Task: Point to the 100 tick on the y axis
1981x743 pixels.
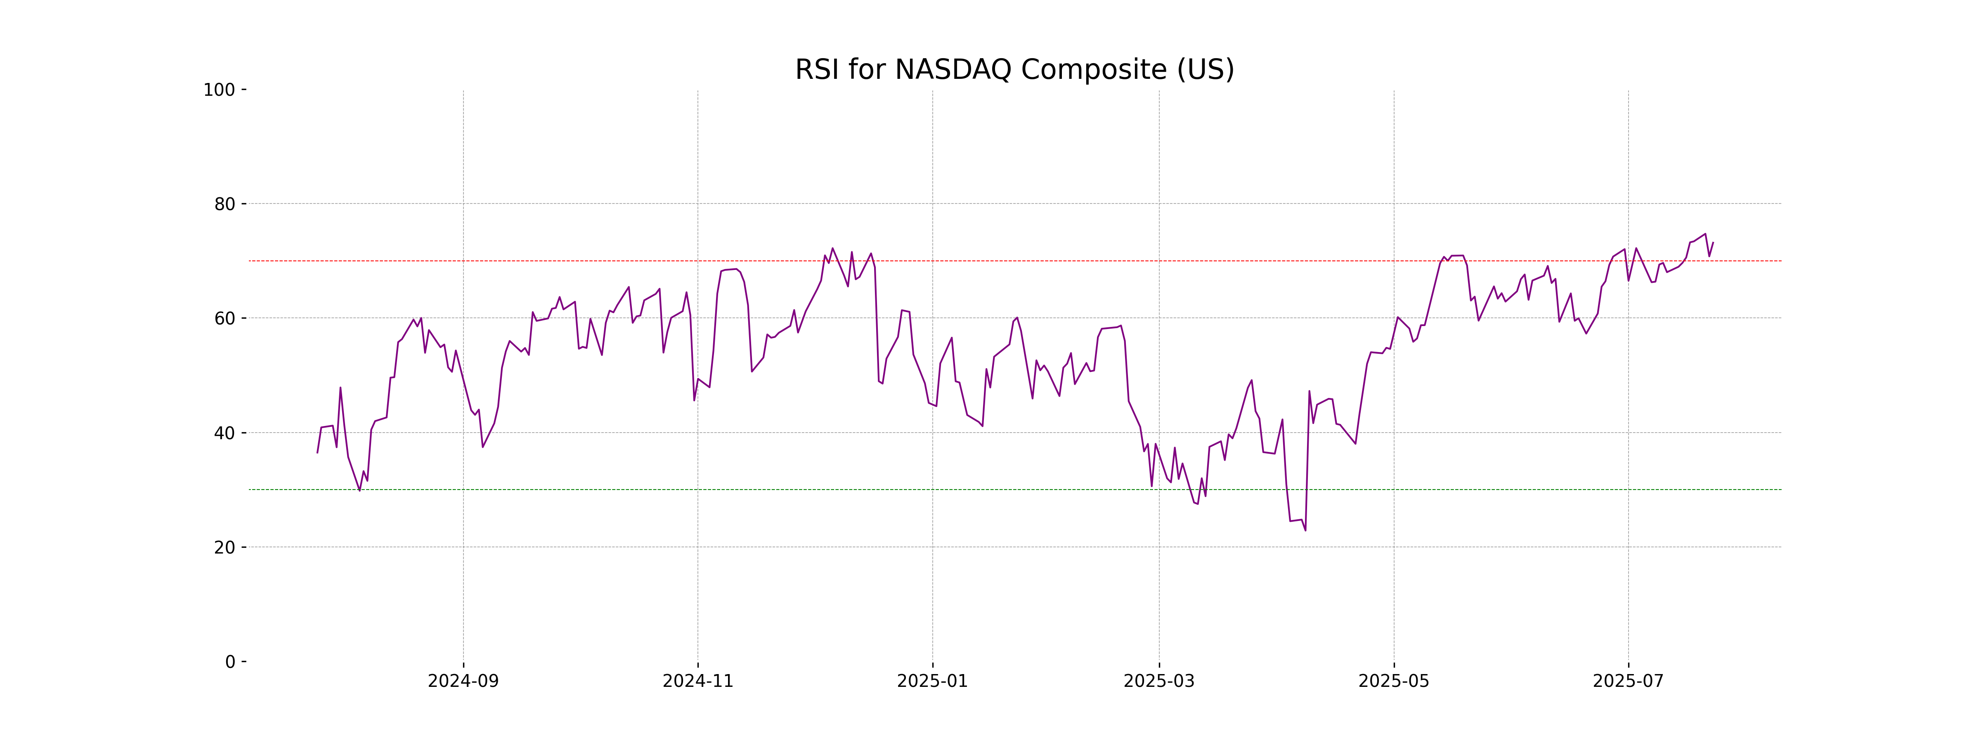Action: click(219, 90)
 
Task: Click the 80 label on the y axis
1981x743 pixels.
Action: click(225, 205)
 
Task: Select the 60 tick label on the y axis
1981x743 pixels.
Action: click(225, 318)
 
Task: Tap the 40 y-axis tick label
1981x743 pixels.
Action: click(225, 433)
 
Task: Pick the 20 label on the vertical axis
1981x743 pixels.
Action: click(225, 548)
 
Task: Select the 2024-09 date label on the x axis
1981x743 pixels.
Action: click(463, 681)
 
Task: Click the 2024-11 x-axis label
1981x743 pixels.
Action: click(697, 681)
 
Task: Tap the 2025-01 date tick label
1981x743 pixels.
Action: click(932, 681)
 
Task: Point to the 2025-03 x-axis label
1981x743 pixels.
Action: click(1159, 681)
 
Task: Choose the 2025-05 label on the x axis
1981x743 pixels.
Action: click(1393, 681)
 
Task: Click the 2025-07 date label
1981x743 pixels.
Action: click(1628, 681)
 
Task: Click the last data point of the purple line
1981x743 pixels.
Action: click(1713, 242)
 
